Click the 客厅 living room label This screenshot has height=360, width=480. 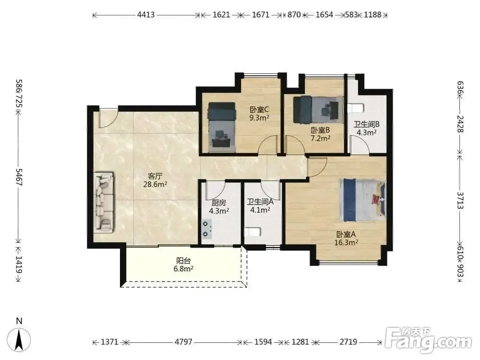tap(155, 176)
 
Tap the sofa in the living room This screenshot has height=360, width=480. tap(104, 203)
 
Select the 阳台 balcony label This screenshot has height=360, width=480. tap(183, 261)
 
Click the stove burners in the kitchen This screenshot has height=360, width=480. tap(206, 229)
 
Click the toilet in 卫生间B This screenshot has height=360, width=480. tap(356, 108)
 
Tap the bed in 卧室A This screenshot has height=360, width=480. tap(362, 200)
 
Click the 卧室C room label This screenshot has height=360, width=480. tap(259, 109)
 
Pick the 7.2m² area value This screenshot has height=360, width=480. tap(321, 138)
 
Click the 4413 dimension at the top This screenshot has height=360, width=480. tap(146, 14)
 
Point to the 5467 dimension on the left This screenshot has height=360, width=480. tap(19, 177)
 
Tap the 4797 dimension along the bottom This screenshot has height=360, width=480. tap(183, 342)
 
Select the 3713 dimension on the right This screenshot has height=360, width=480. tap(460, 200)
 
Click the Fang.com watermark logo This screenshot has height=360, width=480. tap(428, 340)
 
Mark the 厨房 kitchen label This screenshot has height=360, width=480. tap(219, 203)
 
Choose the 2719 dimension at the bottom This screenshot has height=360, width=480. tap(348, 342)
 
